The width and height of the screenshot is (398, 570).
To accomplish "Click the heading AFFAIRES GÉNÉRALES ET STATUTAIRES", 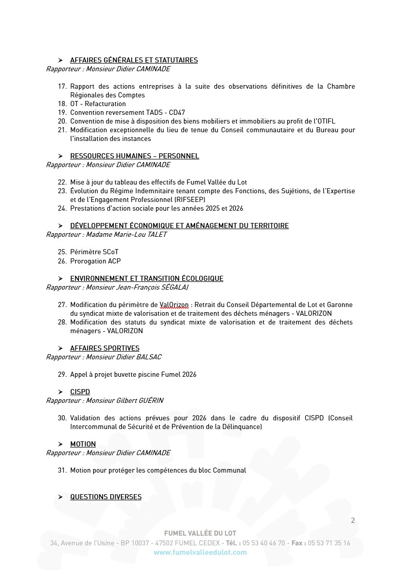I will click(x=134, y=60).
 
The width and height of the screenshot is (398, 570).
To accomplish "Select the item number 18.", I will click(x=62, y=104).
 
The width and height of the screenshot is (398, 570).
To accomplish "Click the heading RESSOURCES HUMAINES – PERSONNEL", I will click(x=134, y=156).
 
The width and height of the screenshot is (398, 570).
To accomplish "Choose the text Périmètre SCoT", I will click(x=94, y=252).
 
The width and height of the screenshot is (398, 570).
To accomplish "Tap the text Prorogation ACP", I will click(x=95, y=261).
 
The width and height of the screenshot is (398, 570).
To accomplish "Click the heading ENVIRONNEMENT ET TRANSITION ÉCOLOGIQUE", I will click(x=146, y=278).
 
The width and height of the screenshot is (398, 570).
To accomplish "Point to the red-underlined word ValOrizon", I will click(x=174, y=305).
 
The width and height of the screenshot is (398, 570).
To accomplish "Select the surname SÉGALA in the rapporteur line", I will click(x=174, y=288).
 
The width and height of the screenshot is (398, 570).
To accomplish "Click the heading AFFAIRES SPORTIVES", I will click(x=104, y=348).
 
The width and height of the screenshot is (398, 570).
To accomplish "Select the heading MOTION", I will click(x=83, y=444).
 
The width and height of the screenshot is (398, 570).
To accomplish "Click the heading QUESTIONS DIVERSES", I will click(x=106, y=497).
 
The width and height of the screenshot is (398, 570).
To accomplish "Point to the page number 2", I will click(x=352, y=521).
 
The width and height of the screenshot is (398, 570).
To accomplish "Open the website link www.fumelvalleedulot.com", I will click(x=200, y=552).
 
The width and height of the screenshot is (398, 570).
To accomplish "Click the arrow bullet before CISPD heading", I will click(x=60, y=392).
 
